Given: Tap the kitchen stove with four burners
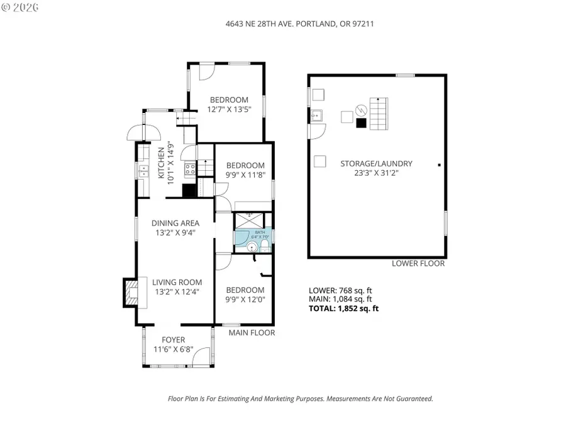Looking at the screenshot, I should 189,168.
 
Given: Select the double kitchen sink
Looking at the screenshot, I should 143,169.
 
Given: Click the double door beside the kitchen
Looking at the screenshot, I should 143,133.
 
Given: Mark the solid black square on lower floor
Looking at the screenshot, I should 360,123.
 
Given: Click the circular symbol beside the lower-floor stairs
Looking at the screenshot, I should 360,110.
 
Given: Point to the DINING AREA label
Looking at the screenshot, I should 175,223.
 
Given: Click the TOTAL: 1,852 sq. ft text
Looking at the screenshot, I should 343,308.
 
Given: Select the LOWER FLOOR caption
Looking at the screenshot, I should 418,264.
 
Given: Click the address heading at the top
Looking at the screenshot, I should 282,23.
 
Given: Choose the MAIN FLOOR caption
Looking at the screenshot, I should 252,333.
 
